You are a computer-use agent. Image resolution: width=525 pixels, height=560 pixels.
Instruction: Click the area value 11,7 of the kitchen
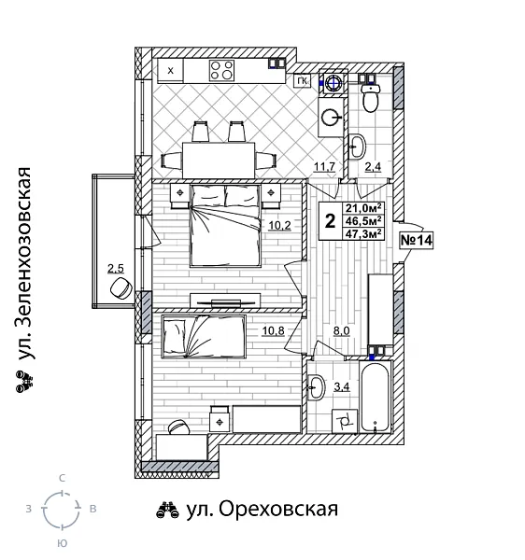pos(324,167)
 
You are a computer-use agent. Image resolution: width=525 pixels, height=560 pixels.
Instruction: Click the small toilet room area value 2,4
pos(373,167)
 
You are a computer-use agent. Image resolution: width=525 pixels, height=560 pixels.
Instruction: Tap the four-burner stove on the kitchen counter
pos(221,69)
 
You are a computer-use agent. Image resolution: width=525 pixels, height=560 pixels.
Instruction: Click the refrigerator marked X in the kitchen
pos(170,69)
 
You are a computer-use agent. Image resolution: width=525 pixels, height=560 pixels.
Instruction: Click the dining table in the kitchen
pos(219,153)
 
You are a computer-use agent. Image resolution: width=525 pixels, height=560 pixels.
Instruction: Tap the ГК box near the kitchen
pos(302,81)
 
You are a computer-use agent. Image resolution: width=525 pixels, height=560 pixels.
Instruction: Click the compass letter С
pos(62,478)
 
